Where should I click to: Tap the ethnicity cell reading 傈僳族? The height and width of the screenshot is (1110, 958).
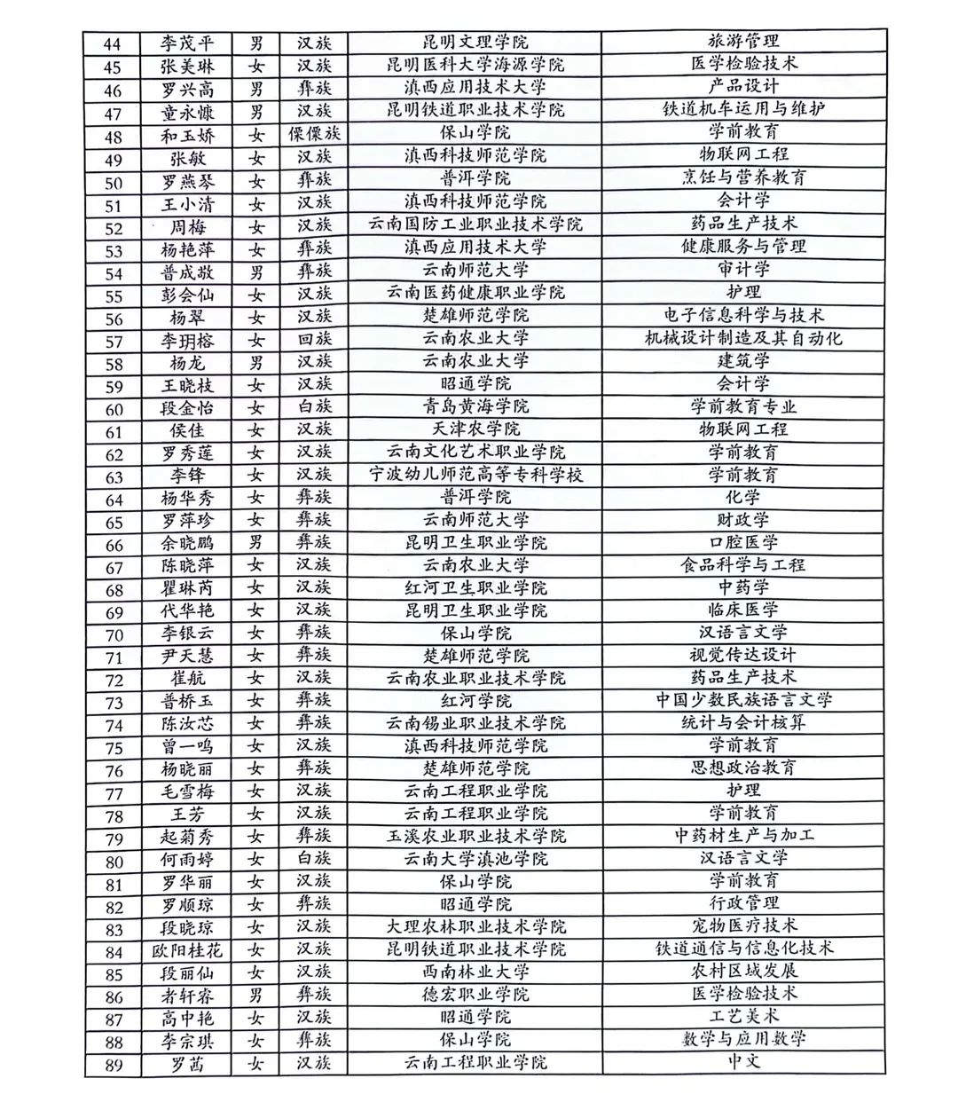[x=314, y=134]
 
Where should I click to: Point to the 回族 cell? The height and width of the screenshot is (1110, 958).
[x=314, y=339]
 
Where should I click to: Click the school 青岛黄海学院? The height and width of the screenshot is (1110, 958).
[x=475, y=407]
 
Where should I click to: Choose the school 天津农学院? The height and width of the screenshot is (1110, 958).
[x=475, y=429]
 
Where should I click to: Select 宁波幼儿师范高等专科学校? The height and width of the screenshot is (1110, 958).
[x=475, y=475]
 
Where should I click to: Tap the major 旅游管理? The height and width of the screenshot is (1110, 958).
[x=743, y=41]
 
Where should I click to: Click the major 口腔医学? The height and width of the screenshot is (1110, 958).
[x=743, y=542]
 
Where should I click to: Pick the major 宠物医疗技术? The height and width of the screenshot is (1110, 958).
[x=743, y=926]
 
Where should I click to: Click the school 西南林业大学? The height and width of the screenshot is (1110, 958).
[x=475, y=972]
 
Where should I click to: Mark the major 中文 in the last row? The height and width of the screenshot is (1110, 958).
[x=743, y=1061]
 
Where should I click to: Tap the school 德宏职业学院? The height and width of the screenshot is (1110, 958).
[x=475, y=995]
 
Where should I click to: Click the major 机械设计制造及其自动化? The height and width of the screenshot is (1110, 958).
[x=743, y=338]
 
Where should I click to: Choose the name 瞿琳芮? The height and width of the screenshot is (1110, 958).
[x=187, y=588]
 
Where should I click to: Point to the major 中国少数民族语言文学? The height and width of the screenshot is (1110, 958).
[x=743, y=700]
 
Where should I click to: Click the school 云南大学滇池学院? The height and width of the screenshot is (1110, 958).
[x=475, y=859]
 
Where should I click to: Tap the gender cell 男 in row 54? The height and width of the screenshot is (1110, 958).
[x=256, y=271]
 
